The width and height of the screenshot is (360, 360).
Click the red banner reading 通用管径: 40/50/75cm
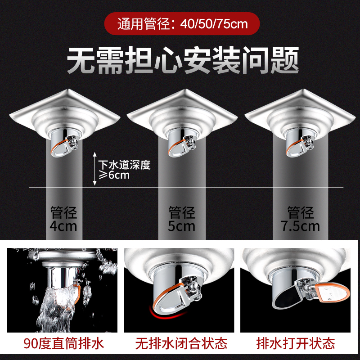click(182, 24)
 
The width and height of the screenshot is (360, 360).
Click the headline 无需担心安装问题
click(183, 60)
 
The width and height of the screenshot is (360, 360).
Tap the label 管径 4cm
click(63, 219)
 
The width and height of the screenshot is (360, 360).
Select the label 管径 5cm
click(182, 219)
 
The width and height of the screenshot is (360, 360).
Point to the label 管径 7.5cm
click(300, 219)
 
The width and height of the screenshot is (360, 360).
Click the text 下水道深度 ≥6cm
click(125, 170)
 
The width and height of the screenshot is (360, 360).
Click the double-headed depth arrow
click(94, 169)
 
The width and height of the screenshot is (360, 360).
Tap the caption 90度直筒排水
click(63, 343)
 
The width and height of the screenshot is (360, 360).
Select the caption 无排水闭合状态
click(181, 343)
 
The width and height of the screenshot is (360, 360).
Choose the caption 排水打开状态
click(296, 343)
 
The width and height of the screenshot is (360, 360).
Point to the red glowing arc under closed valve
click(167, 315)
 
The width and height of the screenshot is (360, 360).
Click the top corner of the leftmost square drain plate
click(67, 89)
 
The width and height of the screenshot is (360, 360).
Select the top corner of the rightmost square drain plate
click(303, 89)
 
